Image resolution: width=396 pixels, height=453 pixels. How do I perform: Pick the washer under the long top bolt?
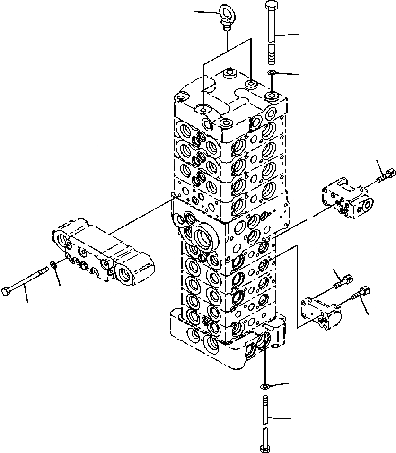click(x=272, y=73)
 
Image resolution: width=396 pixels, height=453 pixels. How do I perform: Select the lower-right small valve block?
click(x=321, y=312)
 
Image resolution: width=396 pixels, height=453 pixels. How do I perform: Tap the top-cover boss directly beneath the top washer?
click(x=273, y=96)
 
